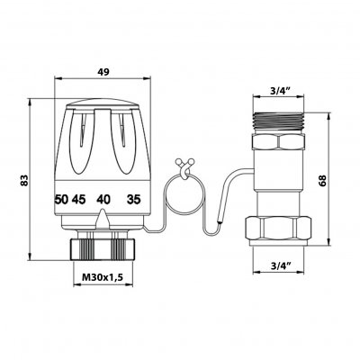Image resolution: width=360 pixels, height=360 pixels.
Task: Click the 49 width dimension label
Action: click(x=103, y=72)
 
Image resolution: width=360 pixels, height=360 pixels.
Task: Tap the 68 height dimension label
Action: click(x=322, y=180)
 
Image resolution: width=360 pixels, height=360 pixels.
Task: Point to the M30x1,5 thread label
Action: click(x=103, y=277)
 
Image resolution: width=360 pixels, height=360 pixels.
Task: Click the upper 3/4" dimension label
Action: click(x=280, y=91)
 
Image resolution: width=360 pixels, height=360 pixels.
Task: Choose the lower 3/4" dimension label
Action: click(x=280, y=265)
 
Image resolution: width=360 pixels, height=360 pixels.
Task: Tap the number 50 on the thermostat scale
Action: click(x=62, y=200)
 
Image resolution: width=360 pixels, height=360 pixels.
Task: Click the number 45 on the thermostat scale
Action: click(x=78, y=200)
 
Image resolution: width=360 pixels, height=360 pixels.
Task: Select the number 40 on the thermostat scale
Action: click(x=103, y=200)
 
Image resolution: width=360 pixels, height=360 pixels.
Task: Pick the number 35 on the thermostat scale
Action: click(x=134, y=200)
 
